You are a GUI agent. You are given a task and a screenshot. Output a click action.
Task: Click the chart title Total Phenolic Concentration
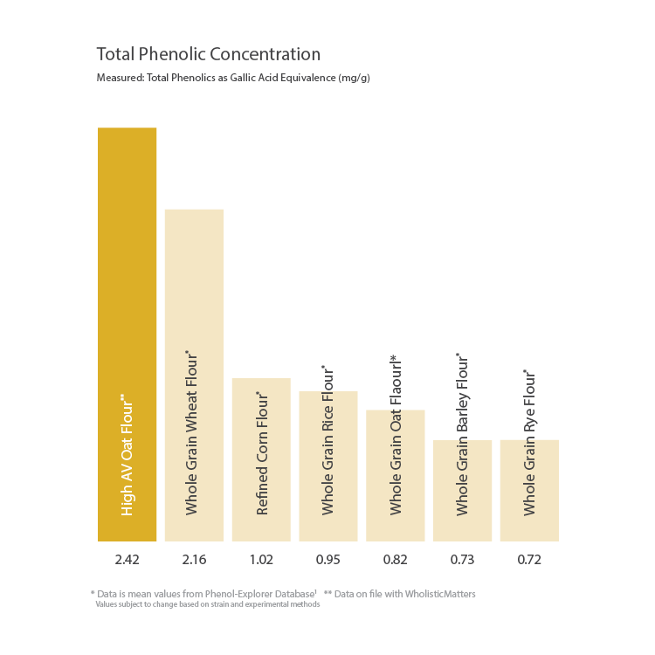(x=208, y=54)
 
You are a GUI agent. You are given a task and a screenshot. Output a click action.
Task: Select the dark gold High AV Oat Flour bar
(x=127, y=262)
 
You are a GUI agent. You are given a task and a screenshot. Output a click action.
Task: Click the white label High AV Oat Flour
(x=128, y=454)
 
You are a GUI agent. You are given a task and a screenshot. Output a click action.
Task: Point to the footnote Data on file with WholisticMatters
(x=399, y=594)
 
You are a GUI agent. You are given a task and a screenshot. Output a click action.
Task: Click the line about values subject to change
(x=207, y=604)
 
